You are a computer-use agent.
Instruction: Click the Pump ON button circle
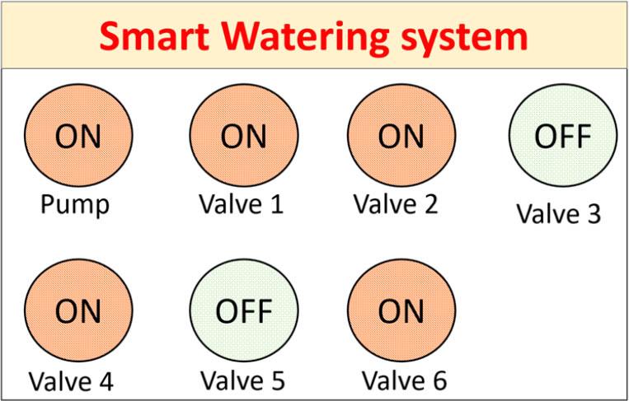click(x=78, y=137)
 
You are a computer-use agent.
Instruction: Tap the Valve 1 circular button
click(x=243, y=137)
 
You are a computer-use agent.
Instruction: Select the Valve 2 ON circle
click(x=401, y=137)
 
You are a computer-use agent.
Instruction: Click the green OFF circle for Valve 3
click(x=563, y=137)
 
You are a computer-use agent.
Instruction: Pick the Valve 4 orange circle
click(x=78, y=311)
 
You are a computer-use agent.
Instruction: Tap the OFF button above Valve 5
click(x=243, y=311)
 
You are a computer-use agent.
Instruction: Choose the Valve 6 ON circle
click(x=401, y=311)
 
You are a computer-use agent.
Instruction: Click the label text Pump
click(x=74, y=204)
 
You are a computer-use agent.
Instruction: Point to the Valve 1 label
click(x=241, y=203)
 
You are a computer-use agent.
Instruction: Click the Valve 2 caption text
click(x=396, y=203)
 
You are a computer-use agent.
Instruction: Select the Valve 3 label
click(x=558, y=214)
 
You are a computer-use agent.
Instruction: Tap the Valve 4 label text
click(x=70, y=382)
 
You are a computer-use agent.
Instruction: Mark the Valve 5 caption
click(x=242, y=381)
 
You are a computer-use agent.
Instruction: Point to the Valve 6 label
click(x=404, y=381)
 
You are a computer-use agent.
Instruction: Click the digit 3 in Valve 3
click(x=593, y=214)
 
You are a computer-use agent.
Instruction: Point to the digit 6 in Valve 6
click(x=439, y=381)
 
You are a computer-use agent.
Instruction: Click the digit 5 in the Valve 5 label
click(x=277, y=381)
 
